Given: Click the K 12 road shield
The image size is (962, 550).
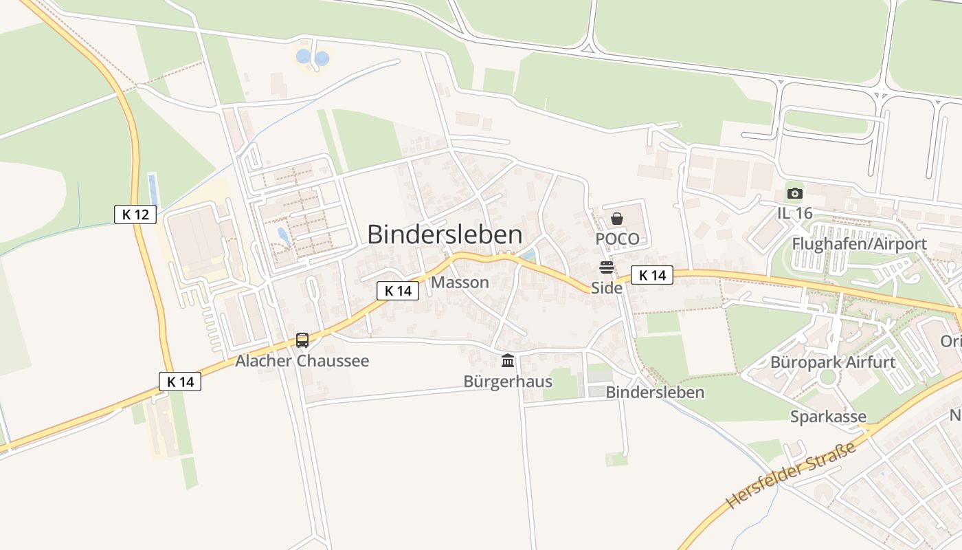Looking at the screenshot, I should pos(135,214).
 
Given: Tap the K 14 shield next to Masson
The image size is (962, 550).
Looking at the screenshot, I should pos(398,291).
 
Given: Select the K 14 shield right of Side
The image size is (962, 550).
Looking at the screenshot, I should pos(652,276).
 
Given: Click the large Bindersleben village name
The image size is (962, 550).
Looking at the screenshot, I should pos(445,234).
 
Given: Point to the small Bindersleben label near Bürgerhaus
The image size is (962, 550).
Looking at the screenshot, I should pos(655,393).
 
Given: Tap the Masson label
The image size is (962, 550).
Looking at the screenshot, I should pos(460,283).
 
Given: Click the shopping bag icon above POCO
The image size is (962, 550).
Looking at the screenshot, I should pos(617,219).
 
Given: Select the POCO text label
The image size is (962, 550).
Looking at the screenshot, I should pos(617,239).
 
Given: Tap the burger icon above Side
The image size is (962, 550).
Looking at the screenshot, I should pos(606,267).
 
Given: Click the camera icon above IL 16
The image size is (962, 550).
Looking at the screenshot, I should pos(795,193).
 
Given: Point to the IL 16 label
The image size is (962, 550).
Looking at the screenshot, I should pos(795,213).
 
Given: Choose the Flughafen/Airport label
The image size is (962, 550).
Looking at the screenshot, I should pos(859,244).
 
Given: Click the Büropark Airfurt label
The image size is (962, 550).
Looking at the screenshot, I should pos(833,362).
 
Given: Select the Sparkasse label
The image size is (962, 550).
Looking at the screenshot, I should pos(828,417).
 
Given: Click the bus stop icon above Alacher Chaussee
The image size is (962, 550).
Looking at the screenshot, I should pos(302,340).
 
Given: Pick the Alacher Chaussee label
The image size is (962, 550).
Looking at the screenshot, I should pos(302,361).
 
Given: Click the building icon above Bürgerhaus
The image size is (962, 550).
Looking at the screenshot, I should pos(508,360).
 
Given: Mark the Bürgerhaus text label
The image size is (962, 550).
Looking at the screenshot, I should pos(508,381).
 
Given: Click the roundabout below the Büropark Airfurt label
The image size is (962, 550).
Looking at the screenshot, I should pos(827,377).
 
